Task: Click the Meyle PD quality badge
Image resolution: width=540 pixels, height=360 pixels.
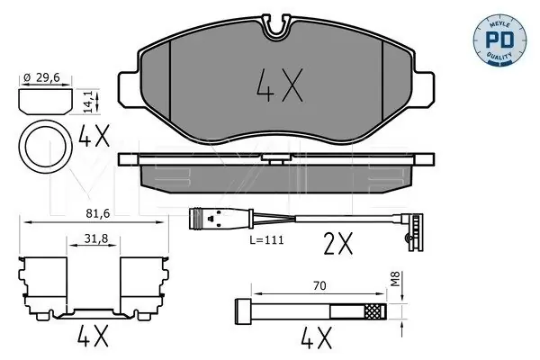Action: pos(499,40)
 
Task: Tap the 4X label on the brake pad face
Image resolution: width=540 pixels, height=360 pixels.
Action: pos(280,85)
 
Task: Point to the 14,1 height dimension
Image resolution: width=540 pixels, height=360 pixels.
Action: pos(89,102)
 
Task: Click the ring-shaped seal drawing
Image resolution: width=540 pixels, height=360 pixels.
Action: pos(45,147)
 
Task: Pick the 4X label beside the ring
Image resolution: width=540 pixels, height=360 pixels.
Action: pos(94,135)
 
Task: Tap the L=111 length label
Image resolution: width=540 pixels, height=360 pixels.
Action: pos(266,239)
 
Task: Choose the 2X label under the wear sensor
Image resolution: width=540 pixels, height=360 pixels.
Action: pos(338,243)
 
